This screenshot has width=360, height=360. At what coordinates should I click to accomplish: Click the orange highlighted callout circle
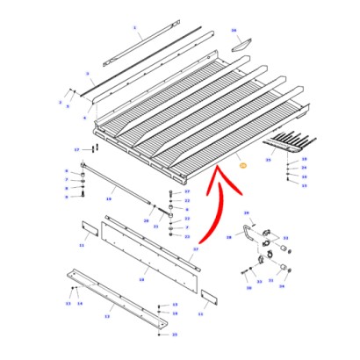(243, 164)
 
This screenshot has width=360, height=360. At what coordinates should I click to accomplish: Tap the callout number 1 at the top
(135, 27)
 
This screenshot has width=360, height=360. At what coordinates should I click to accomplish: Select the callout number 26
(234, 31)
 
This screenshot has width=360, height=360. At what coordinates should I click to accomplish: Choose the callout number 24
(304, 167)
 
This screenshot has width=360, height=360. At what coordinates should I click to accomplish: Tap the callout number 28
(227, 237)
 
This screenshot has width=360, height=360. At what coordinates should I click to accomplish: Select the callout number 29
(246, 212)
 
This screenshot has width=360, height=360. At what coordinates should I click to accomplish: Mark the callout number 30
(248, 287)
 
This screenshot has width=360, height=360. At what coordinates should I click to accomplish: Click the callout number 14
(80, 303)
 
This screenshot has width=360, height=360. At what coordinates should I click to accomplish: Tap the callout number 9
(66, 196)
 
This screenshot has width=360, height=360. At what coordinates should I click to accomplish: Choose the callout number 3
(89, 73)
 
